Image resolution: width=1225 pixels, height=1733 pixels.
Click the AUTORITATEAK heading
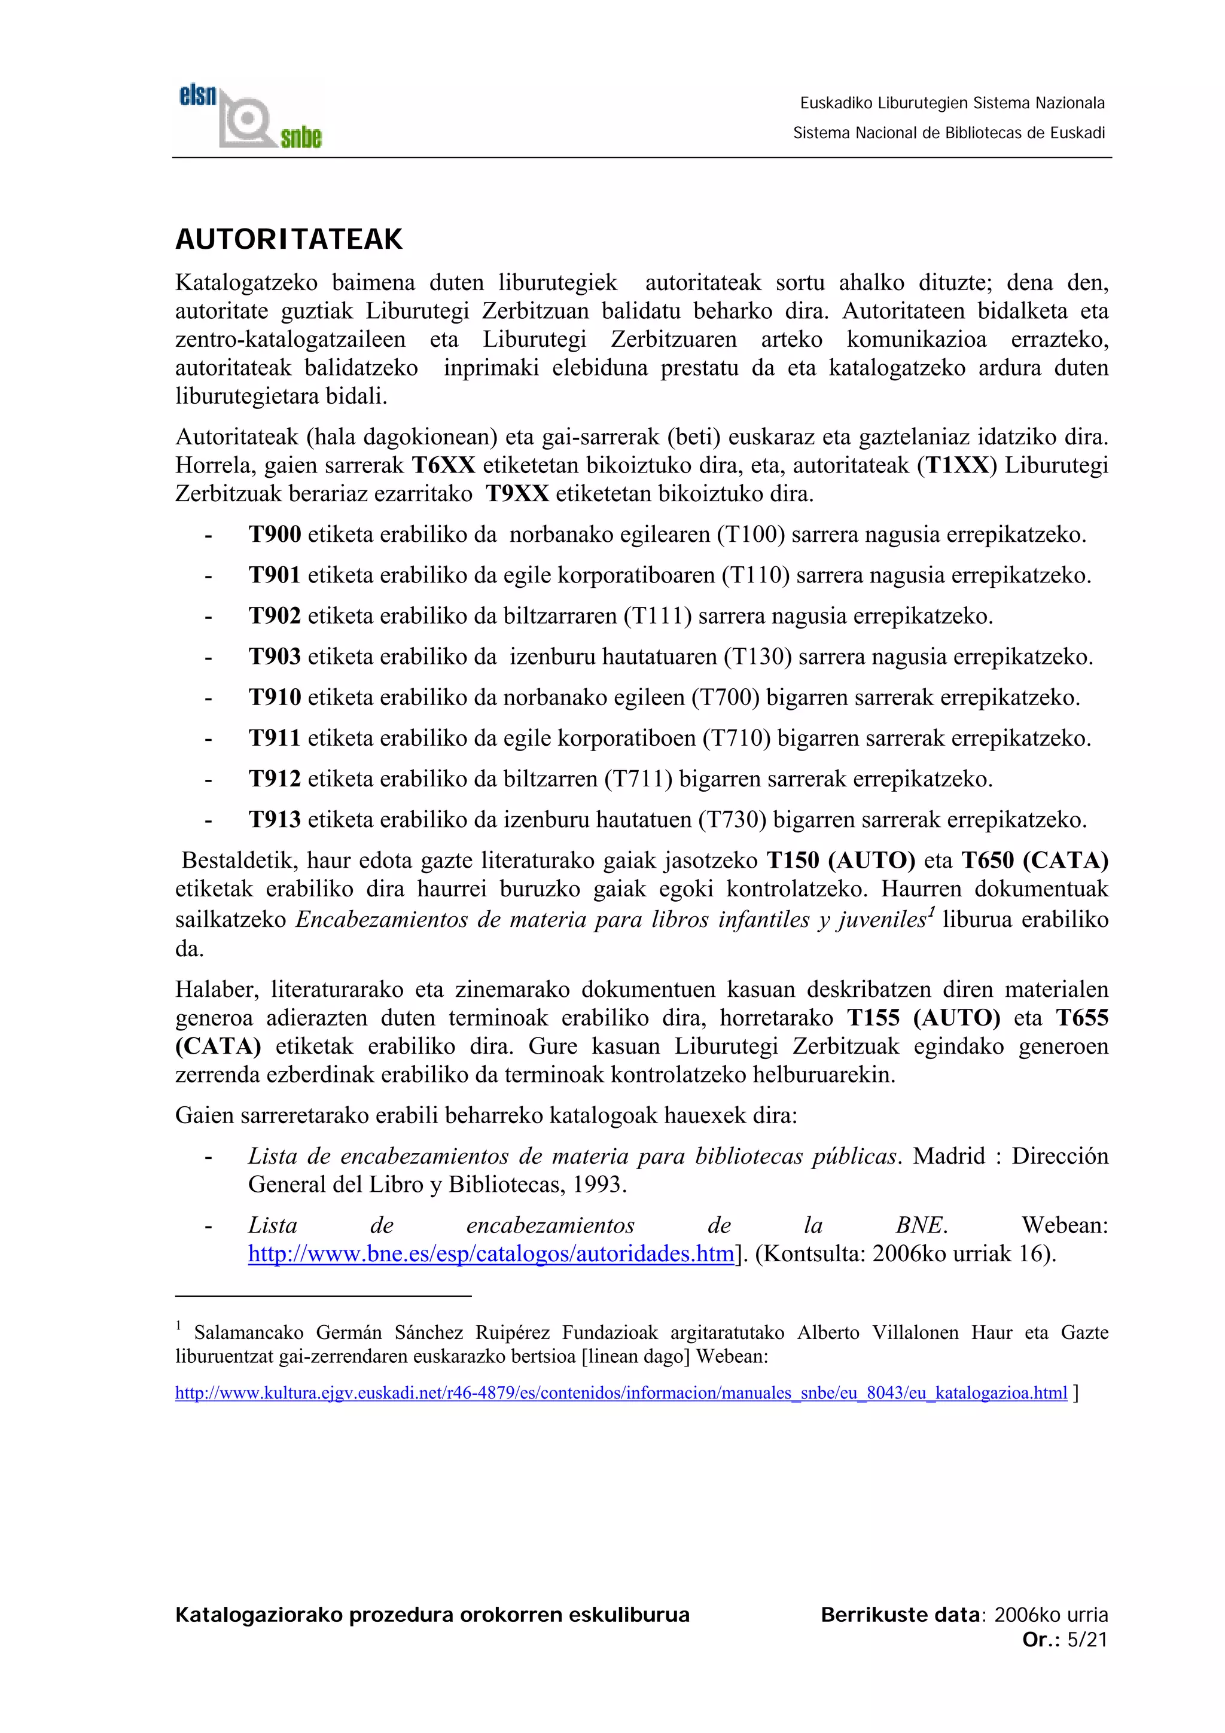tap(289, 239)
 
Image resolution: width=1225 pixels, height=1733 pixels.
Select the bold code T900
tap(275, 535)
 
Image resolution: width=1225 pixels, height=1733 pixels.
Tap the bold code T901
tap(275, 575)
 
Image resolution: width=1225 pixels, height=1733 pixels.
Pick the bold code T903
tap(275, 657)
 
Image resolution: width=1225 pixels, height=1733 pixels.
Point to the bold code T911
tap(275, 737)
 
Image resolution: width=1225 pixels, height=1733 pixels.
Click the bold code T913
tap(275, 819)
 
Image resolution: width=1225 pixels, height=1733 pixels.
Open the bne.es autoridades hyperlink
tap(491, 1254)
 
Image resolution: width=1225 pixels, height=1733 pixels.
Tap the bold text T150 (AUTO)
tap(840, 860)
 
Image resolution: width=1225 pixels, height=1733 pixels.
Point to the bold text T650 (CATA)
tap(1034, 860)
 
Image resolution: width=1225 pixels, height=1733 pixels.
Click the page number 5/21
tap(1087, 1639)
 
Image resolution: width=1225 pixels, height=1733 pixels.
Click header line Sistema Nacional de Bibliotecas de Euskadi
tap(948, 133)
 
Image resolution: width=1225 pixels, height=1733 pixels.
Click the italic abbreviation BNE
tap(922, 1225)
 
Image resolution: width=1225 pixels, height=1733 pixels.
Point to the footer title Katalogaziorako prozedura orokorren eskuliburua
tap(432, 1615)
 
